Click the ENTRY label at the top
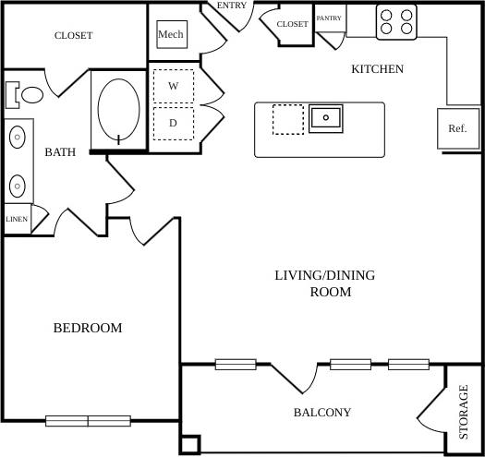231,6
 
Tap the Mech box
171,35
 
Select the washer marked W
173,85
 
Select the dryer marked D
173,122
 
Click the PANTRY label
329,18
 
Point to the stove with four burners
396,21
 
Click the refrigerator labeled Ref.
457,128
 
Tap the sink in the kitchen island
325,118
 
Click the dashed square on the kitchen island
287,119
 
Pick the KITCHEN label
377,69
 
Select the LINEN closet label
17,220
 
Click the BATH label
60,152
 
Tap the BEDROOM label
87,328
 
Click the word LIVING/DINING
318,275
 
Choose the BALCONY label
322,413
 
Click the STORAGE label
465,412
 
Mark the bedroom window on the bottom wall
89,421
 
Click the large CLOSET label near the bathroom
73,36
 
